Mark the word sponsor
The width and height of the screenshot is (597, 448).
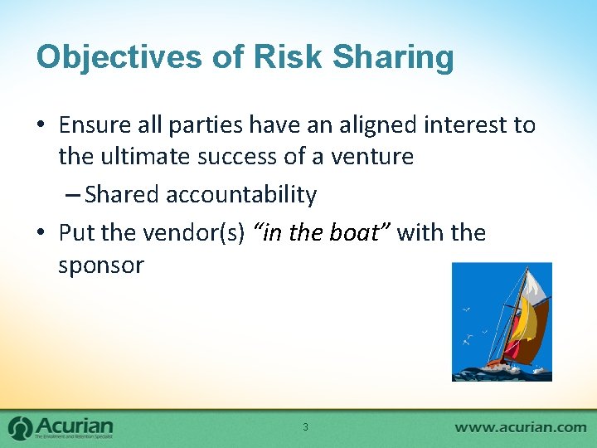[100, 265]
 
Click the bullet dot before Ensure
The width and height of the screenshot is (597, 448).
[41, 126]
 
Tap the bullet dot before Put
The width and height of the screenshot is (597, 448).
[41, 233]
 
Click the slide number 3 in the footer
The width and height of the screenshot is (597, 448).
[305, 427]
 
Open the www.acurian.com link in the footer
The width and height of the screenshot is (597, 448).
[520, 427]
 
